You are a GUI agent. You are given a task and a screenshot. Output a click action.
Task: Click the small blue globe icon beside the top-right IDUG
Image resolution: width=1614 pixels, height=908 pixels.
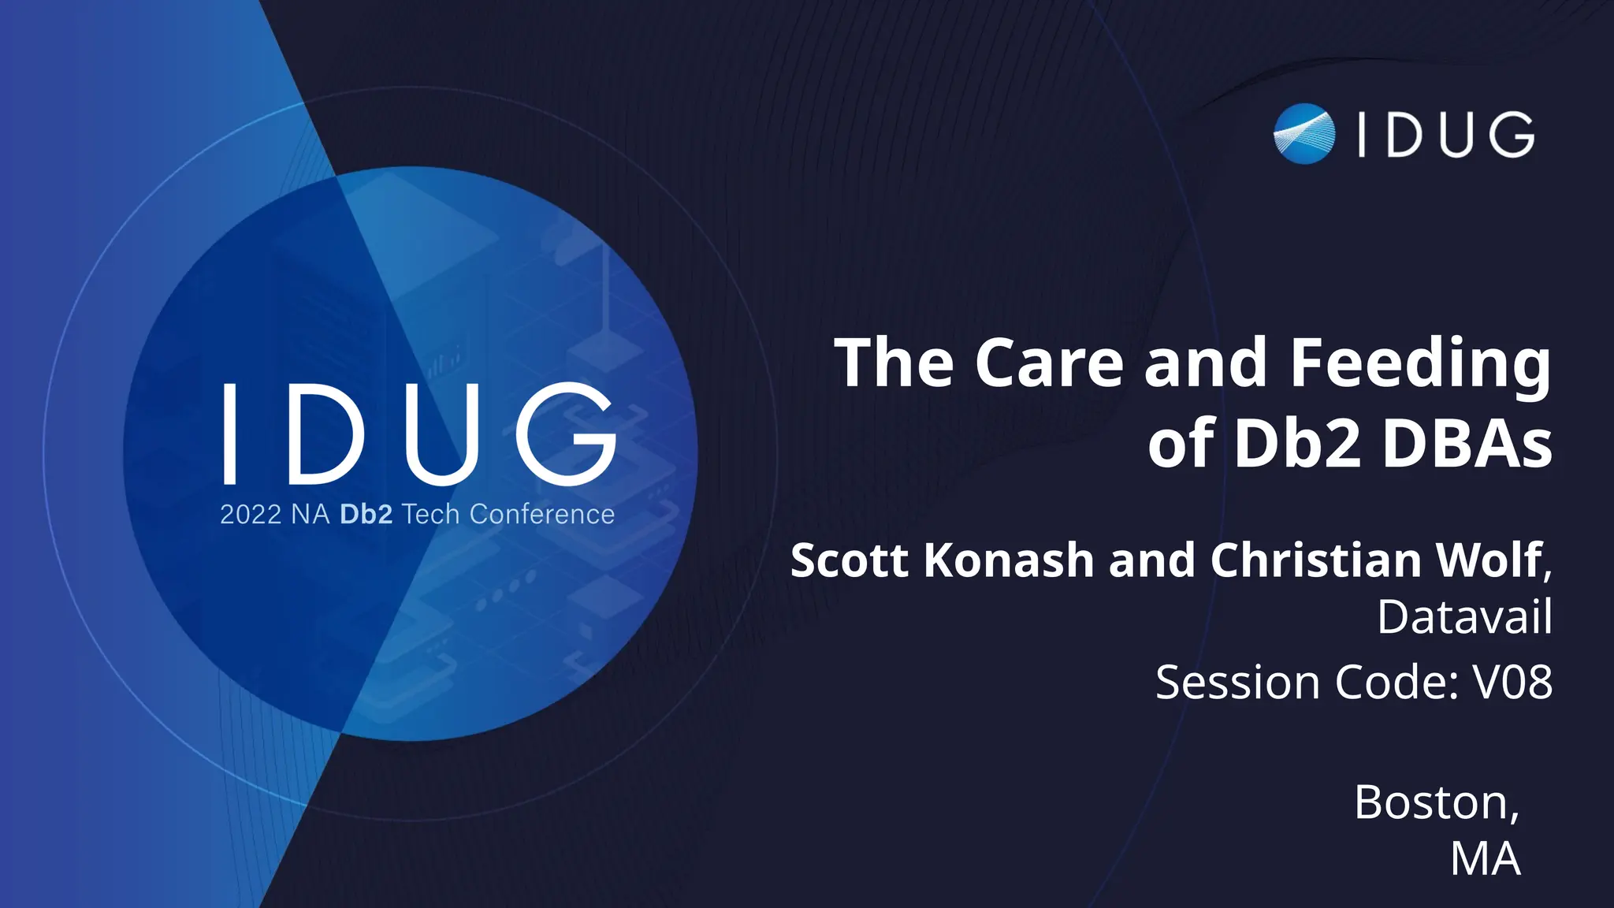point(1304,134)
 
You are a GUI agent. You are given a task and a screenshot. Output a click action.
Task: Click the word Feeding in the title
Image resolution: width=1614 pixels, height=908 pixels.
point(1419,364)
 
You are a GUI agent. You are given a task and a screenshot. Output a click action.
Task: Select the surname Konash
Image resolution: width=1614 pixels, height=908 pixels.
point(1008,560)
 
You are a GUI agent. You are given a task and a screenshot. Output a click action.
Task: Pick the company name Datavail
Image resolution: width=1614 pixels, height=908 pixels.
point(1464,616)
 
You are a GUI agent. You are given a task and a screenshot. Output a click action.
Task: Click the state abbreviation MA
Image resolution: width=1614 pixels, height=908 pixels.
point(1485,859)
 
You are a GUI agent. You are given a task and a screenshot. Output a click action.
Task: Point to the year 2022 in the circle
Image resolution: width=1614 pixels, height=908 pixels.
point(251,515)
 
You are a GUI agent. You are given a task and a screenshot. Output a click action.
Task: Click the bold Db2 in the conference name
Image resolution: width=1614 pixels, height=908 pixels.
point(366,515)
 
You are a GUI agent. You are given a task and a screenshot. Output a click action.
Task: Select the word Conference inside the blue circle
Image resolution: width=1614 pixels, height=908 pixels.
point(541,515)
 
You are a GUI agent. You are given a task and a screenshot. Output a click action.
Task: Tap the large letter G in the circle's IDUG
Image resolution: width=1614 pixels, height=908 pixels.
point(565,434)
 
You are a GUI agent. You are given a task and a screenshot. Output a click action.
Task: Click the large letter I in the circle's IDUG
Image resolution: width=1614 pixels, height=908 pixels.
point(229,434)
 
